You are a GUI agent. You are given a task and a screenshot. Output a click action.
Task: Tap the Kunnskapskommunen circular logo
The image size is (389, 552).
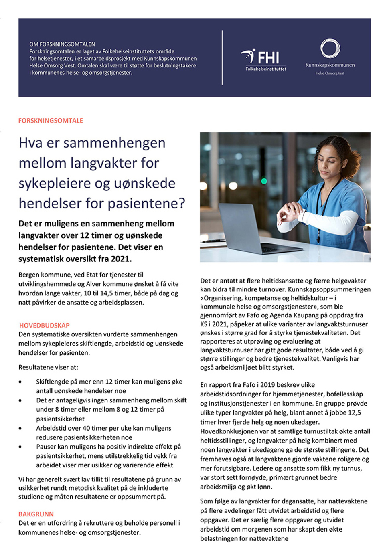click(330, 49)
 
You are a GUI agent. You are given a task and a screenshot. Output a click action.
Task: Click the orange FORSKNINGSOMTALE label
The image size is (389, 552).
click(51, 121)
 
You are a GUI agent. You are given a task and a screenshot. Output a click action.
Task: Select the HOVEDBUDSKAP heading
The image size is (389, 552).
click(44, 325)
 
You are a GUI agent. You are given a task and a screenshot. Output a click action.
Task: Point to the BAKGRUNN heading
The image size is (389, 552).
click(36, 514)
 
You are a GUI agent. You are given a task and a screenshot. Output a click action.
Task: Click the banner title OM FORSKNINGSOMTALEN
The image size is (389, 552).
click(62, 44)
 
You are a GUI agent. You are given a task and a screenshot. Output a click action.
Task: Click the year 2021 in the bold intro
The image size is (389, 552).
click(120, 259)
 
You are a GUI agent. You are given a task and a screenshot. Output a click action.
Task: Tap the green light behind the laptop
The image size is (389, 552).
click(264, 181)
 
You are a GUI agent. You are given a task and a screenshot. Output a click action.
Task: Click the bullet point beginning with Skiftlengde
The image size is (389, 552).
click(109, 382)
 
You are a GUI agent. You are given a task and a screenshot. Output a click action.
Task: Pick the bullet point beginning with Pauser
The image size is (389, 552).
click(108, 447)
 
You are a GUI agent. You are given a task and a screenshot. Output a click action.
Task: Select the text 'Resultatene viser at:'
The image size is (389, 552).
click(48, 367)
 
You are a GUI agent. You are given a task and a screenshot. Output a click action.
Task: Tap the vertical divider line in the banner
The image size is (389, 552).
click(222, 58)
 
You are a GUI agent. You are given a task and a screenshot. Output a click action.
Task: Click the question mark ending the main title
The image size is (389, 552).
click(182, 204)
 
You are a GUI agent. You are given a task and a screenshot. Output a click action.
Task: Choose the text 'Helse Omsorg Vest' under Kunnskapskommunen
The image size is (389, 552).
click(330, 73)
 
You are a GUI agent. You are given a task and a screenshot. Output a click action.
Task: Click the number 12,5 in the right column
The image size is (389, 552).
click(353, 412)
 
